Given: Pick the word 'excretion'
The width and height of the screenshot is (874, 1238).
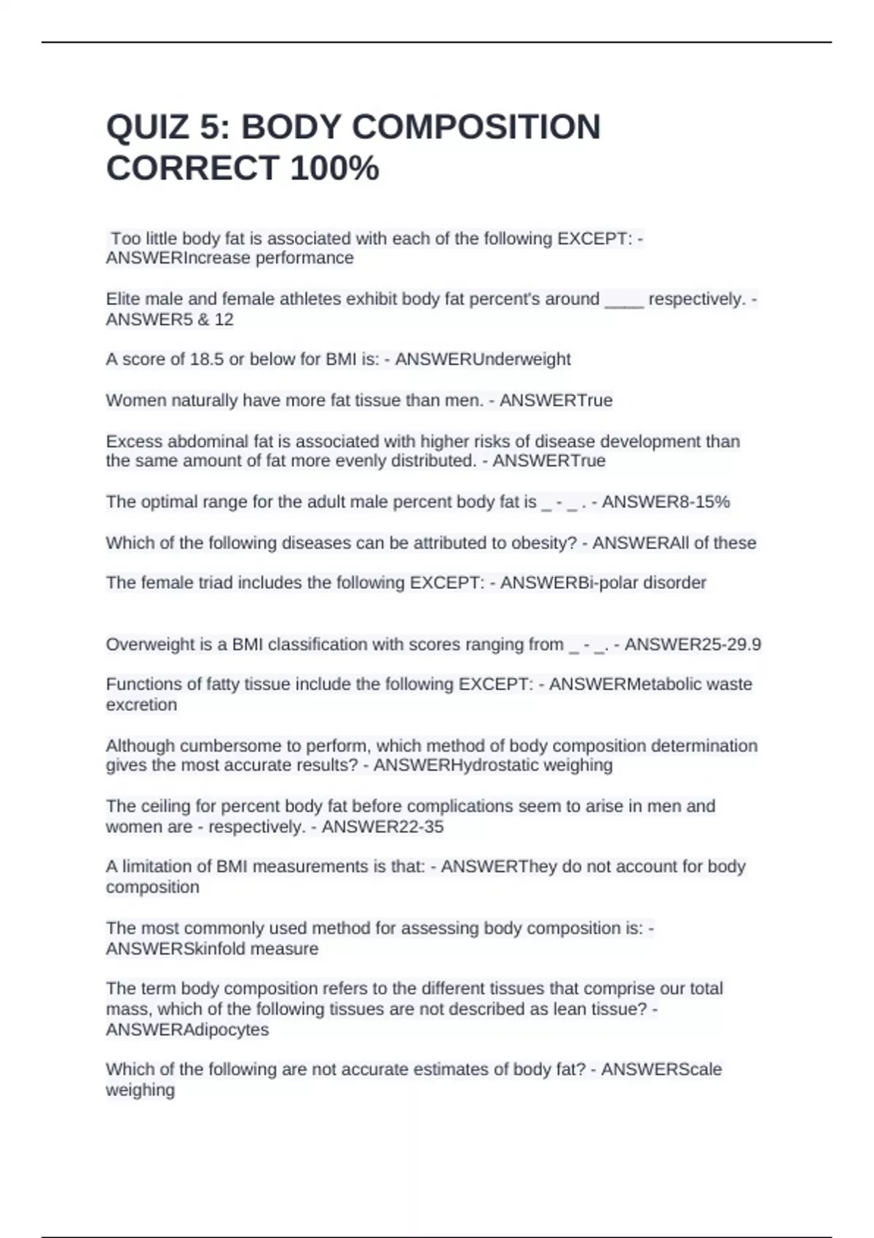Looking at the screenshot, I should coord(141,705).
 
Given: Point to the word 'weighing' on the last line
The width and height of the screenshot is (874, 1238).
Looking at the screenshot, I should coord(140,1090).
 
